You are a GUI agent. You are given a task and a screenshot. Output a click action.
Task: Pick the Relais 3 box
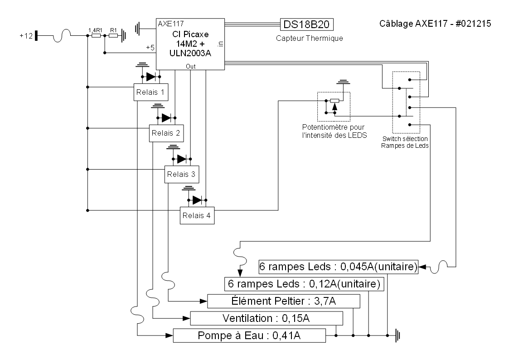[181, 174]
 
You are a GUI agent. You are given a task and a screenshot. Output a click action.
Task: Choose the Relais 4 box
[197, 215]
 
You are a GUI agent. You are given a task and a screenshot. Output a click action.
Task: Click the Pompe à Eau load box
[250, 336]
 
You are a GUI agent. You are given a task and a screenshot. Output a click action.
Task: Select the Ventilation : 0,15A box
[266, 318]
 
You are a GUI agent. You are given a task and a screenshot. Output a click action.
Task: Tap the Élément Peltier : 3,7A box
[283, 301]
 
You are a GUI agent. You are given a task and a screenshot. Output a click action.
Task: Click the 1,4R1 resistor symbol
[96, 35]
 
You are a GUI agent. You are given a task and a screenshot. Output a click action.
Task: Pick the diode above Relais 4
[197, 199]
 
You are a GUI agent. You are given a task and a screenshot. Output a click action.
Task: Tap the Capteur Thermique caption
[309, 39]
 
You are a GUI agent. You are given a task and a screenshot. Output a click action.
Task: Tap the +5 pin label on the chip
[150, 47]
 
